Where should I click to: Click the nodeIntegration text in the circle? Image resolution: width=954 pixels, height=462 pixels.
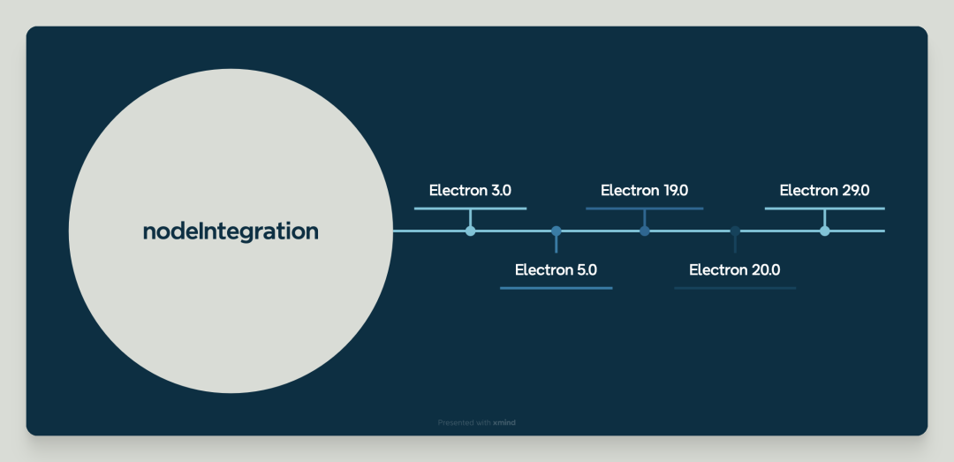click(231, 231)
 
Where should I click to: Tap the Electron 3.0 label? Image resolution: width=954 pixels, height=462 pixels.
click(470, 190)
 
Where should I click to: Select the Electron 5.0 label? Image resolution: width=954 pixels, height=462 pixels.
click(556, 269)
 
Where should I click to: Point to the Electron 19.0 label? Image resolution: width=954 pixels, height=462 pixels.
click(644, 190)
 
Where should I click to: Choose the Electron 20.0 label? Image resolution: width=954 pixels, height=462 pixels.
click(734, 269)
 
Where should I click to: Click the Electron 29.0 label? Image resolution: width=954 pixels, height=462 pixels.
click(824, 190)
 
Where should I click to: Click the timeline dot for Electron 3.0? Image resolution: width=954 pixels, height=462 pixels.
click(470, 231)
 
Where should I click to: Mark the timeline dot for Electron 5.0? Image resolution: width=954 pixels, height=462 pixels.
click(556, 231)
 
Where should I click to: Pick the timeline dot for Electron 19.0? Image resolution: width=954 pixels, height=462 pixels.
click(645, 231)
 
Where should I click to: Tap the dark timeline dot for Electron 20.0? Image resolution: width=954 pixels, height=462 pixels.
click(735, 231)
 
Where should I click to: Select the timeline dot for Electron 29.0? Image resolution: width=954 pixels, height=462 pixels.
click(824, 231)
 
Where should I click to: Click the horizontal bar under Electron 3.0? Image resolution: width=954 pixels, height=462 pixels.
click(470, 208)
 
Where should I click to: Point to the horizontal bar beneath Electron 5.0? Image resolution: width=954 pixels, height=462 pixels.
click(556, 288)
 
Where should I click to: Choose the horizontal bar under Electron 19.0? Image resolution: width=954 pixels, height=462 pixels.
click(644, 208)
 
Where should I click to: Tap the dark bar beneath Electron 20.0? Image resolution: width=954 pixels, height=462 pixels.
click(734, 288)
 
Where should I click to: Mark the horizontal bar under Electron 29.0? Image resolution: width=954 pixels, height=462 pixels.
click(824, 208)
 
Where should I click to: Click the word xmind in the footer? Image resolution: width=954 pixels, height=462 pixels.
click(504, 423)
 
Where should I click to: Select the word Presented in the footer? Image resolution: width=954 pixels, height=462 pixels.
click(455, 423)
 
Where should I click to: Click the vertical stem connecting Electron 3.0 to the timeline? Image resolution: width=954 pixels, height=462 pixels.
click(470, 218)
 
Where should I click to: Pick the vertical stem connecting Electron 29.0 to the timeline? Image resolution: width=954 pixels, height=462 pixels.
click(824, 218)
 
